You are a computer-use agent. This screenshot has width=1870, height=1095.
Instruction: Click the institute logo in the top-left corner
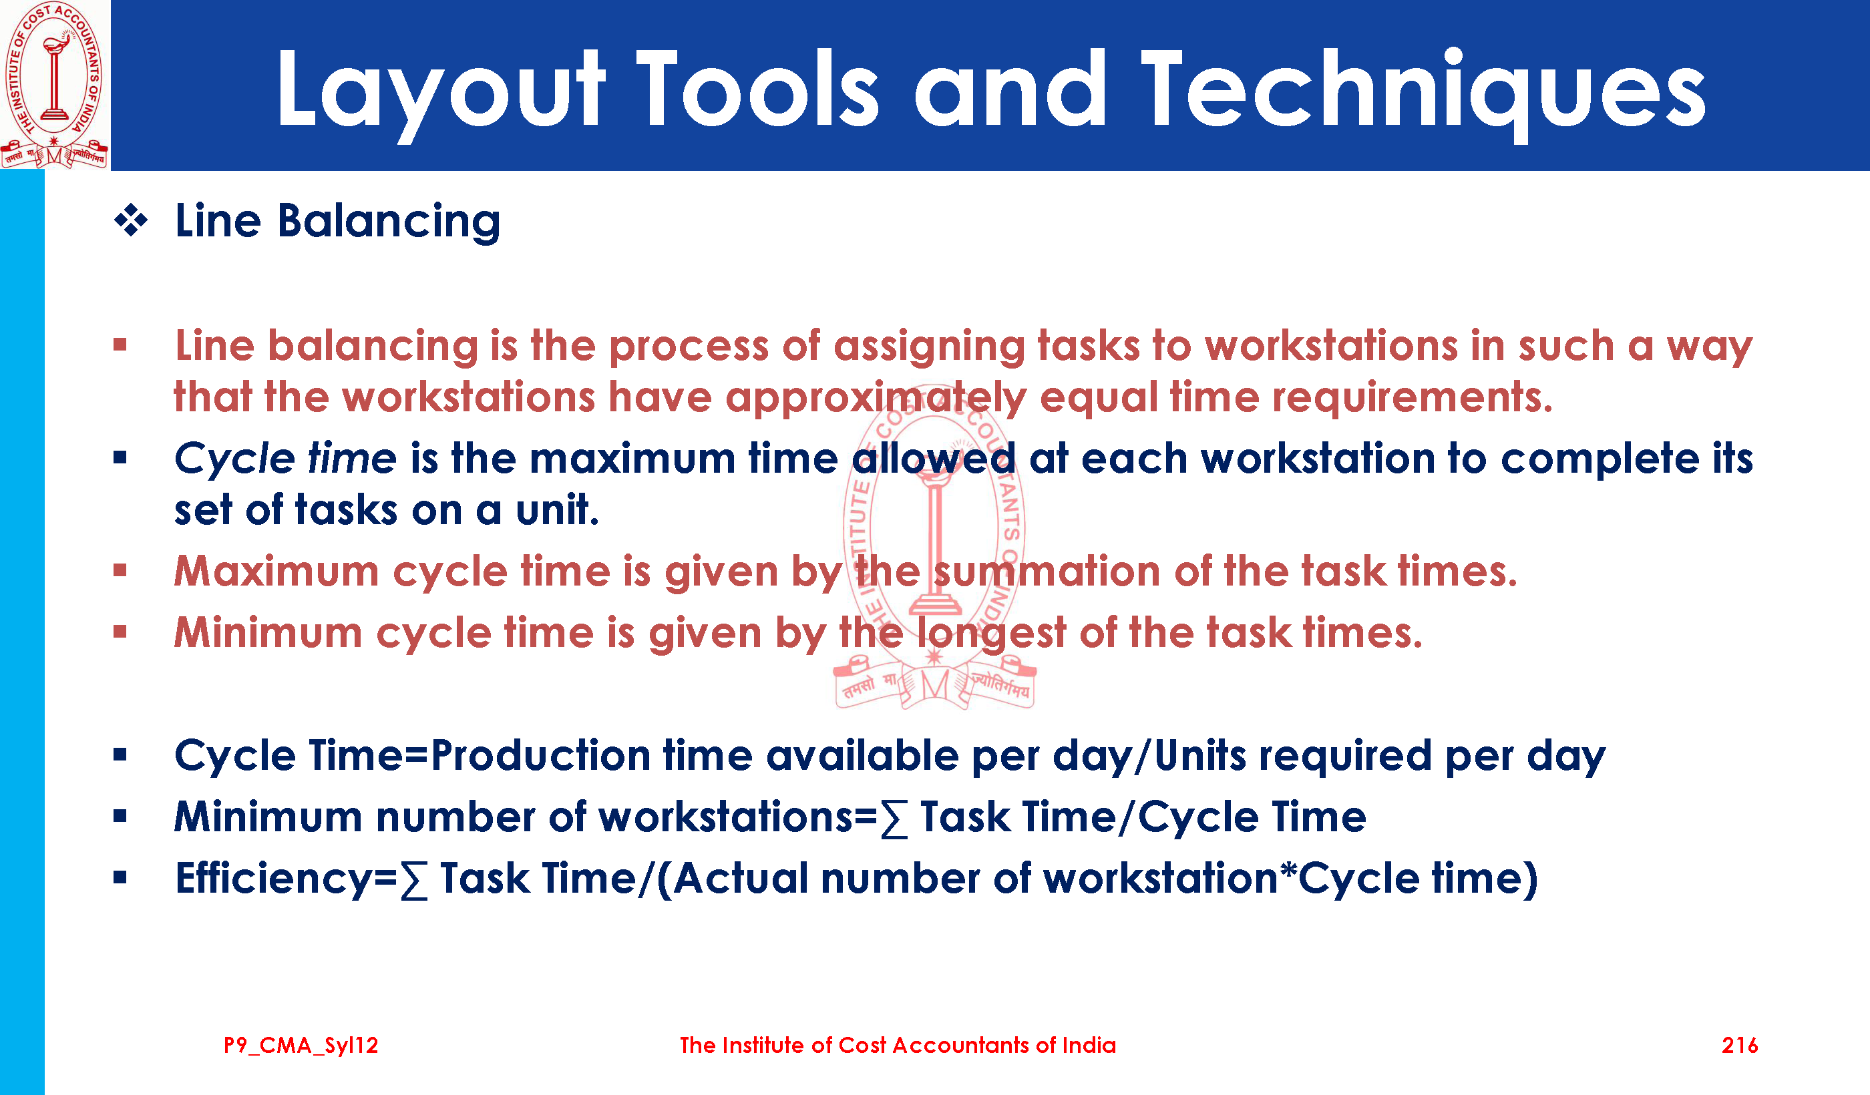[x=55, y=85]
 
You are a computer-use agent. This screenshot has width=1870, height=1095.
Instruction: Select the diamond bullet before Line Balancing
[x=132, y=220]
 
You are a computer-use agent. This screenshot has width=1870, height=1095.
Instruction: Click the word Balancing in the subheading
[x=389, y=222]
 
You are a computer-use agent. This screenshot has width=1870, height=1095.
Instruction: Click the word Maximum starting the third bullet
[x=276, y=572]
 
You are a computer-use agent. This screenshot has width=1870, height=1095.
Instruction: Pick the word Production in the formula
[x=542, y=756]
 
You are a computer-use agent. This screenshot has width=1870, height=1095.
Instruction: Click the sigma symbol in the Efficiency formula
[x=414, y=881]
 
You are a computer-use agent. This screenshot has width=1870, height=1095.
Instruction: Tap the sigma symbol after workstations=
[x=894, y=819]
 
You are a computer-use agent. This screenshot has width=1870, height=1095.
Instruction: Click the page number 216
[x=1739, y=1046]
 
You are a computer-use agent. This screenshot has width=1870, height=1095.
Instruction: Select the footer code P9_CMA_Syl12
[x=301, y=1046]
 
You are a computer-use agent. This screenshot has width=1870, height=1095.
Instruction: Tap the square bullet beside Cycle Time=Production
[x=120, y=755]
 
